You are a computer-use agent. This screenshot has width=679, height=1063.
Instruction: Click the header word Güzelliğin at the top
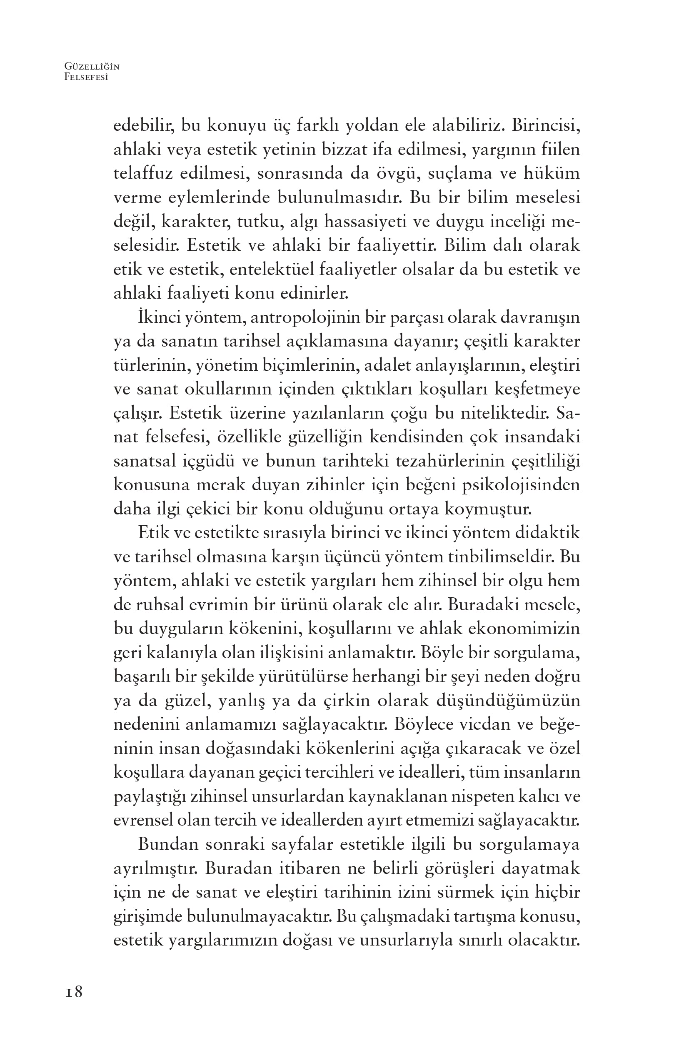[92, 67]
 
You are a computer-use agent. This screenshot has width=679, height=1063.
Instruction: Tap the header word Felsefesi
[86, 77]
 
